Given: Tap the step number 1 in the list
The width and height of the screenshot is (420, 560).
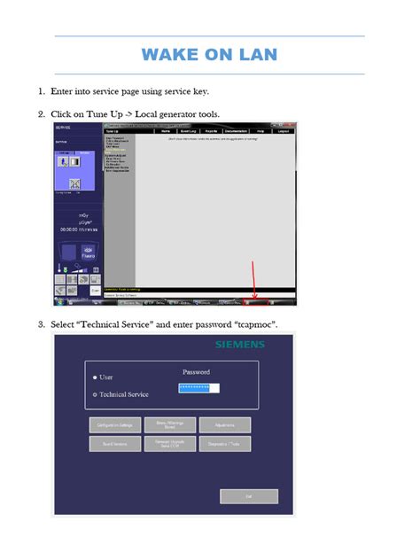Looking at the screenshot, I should pos(42,91).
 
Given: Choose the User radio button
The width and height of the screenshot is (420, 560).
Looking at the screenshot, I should pos(96,377).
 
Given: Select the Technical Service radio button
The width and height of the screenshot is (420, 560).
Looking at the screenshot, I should pos(96,394).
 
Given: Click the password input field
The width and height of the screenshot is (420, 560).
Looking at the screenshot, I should pos(198,387).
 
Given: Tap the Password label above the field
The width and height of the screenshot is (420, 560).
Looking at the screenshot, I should pos(196,372).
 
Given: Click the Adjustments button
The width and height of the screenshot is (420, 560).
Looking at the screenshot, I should pos(224,425).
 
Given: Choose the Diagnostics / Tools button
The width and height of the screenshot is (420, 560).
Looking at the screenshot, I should pos(224,444).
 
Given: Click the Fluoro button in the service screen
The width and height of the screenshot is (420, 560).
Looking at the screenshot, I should pos(75,253).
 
